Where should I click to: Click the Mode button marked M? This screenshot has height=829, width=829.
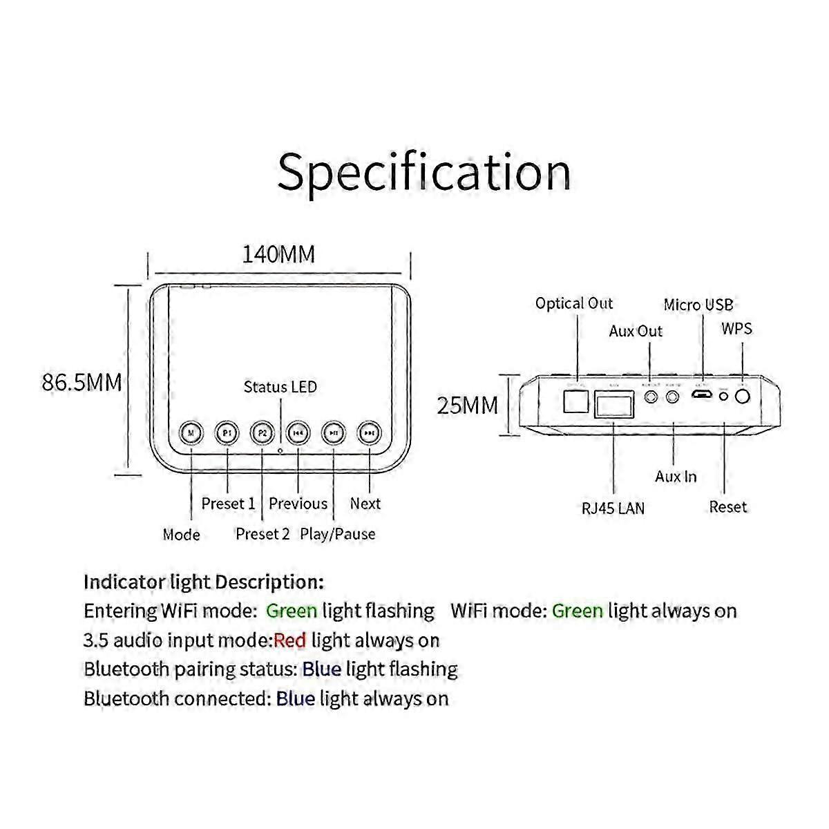tap(191, 433)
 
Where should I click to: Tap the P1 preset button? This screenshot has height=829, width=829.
tap(227, 433)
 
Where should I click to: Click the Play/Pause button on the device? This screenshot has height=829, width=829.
tap(334, 433)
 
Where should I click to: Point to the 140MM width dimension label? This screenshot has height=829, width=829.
tap(278, 255)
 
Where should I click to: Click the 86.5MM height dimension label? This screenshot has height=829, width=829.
tap(82, 382)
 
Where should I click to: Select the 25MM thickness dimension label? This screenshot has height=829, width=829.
tap(467, 406)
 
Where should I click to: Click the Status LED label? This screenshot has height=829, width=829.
tap(280, 387)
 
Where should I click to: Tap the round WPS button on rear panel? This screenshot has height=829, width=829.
tap(743, 397)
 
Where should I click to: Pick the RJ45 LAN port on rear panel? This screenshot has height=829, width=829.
tap(614, 403)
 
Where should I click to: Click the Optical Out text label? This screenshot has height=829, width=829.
tap(574, 303)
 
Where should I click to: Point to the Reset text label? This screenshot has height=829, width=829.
tap(727, 507)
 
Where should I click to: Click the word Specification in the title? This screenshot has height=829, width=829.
tap(423, 172)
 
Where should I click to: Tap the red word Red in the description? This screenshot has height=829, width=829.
tap(289, 640)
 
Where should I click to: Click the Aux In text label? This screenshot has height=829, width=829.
tap(676, 477)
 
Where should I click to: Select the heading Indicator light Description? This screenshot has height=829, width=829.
tap(203, 582)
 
